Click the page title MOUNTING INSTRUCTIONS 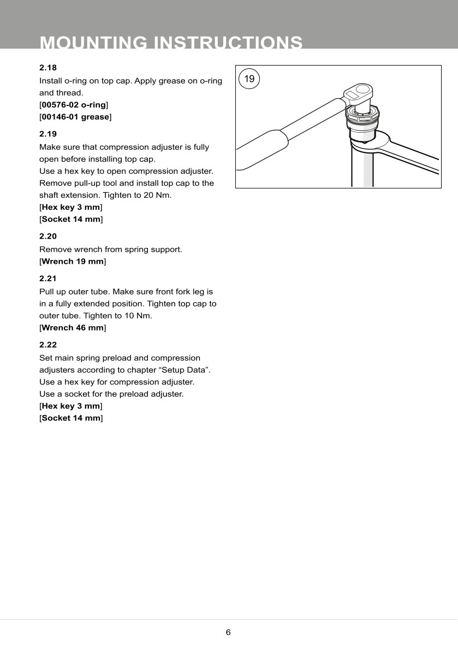pos(171,43)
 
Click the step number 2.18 pos(48,68)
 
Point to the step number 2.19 pos(48,133)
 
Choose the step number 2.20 pos(48,237)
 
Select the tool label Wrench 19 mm pos(73,262)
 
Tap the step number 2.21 pos(48,278)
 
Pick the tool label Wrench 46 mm pos(73,328)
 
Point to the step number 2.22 pos(48,345)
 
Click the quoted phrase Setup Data pos(188,370)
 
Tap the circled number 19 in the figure pos(249,79)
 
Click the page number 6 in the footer pos(228,633)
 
